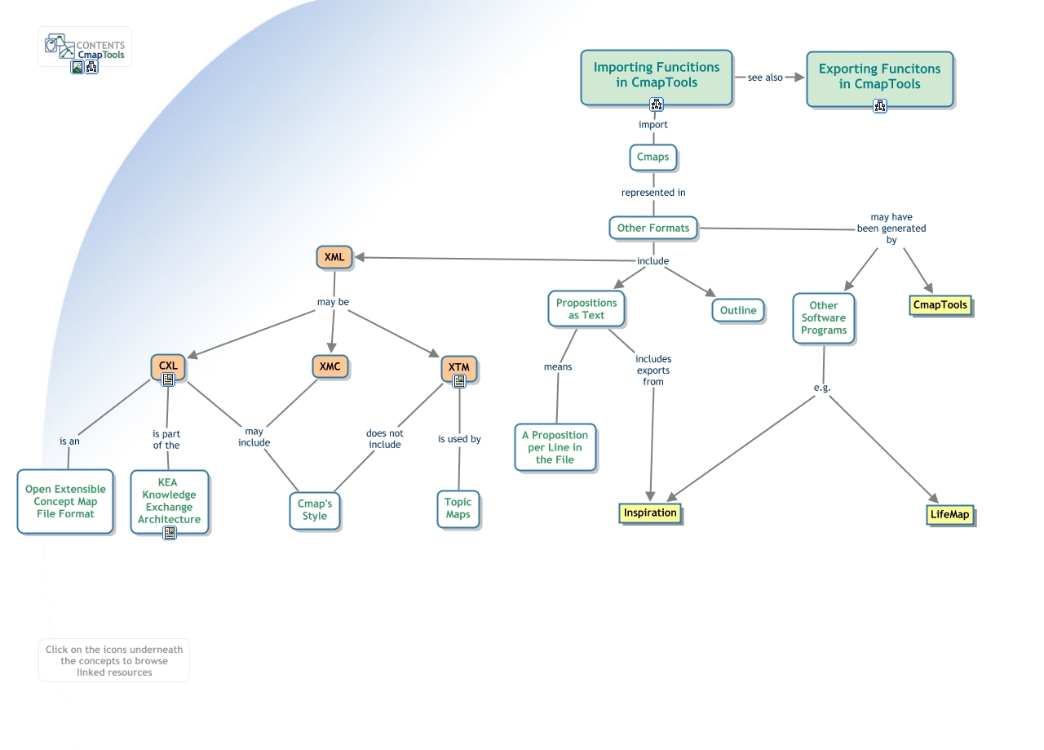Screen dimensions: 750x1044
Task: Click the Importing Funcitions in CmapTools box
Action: point(656,74)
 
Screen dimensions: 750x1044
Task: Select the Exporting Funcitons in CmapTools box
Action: point(879,76)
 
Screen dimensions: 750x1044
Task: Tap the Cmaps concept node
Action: point(652,157)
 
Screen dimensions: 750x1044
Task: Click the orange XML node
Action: point(334,257)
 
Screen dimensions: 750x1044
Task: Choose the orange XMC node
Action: point(330,366)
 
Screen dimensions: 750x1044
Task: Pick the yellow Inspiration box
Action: point(650,513)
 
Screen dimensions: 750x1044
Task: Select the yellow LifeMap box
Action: point(950,515)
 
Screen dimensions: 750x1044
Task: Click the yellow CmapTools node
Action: point(940,305)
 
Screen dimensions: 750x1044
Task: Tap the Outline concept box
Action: point(738,310)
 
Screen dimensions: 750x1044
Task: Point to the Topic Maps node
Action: point(458,508)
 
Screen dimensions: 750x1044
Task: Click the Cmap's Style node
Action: point(315,509)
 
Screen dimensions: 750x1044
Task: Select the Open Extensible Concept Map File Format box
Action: point(65,501)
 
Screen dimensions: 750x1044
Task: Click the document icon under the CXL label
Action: point(168,379)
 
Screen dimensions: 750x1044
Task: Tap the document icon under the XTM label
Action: point(459,381)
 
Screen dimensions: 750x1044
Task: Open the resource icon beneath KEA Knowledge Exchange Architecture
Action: point(170,533)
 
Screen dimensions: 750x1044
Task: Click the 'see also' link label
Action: point(765,78)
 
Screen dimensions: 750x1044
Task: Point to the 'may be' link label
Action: point(333,302)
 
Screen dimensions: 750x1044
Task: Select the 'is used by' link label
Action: point(459,439)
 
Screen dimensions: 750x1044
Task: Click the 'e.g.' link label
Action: point(822,388)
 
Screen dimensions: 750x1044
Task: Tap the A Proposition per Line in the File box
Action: point(555,447)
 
